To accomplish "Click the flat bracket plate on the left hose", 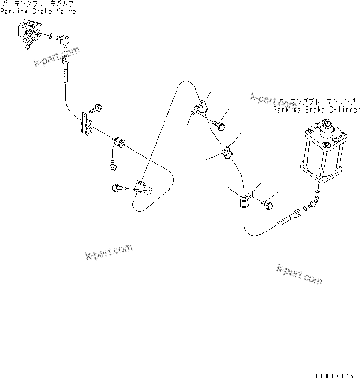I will coord(86,124).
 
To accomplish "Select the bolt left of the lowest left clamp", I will coord(117,187).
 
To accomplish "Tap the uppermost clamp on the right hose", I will coord(201,108).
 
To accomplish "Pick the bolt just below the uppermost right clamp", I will coord(220,125).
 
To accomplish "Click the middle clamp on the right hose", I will coord(228,153).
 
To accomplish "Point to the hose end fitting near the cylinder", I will coord(289,218).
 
